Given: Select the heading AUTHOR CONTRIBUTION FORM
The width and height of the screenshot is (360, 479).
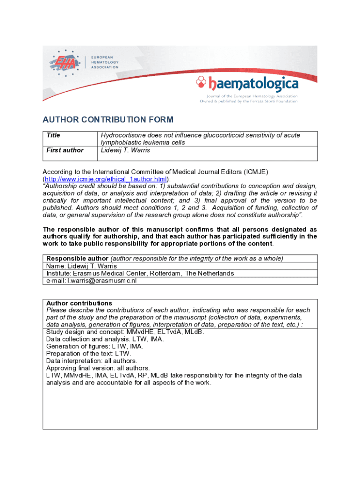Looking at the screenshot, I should tap(108, 119).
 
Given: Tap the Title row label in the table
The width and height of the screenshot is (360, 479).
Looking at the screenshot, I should tap(53, 135).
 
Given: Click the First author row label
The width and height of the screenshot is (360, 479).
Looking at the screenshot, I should tap(65, 150).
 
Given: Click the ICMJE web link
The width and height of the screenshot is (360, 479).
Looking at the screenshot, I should tap(106, 179).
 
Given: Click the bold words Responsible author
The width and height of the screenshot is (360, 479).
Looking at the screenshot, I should tap(77, 258).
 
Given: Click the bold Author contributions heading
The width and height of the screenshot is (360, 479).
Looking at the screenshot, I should tap(79, 303).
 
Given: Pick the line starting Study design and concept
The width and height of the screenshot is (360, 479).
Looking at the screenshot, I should tap(125, 332).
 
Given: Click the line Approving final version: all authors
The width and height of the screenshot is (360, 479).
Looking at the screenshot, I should tap(98, 368).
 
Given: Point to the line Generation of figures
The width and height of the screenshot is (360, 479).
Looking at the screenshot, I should tap(94, 347).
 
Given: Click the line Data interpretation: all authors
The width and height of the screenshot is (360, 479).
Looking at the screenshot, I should tap(91, 361).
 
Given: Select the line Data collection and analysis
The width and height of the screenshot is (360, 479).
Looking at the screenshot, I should tap(105, 339).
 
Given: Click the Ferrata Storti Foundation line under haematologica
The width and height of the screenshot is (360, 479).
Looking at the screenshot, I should tap(249, 101).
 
